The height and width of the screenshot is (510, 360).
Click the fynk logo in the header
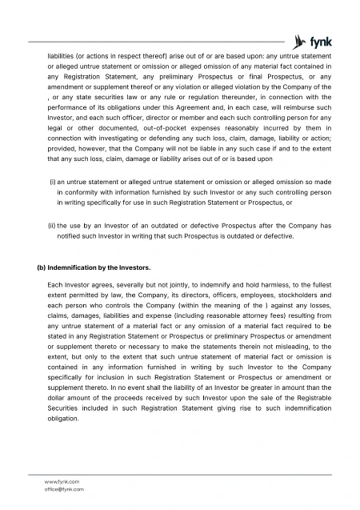point(310,40)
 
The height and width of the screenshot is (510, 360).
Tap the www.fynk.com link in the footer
point(62,481)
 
